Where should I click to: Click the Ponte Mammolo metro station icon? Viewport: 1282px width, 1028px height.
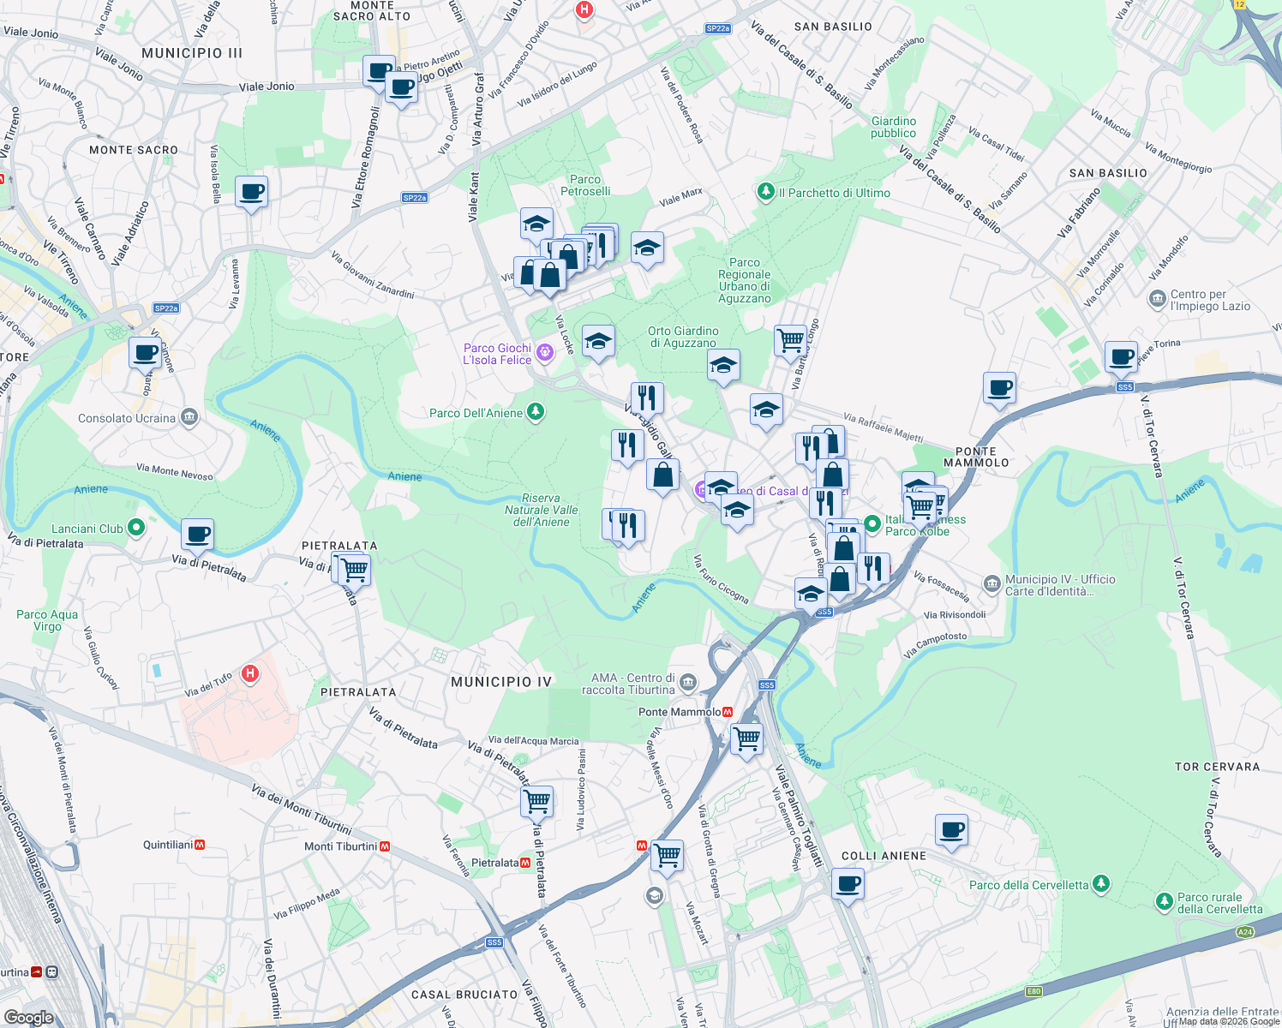tap(728, 712)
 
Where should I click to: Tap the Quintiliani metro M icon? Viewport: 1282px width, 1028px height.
tap(200, 845)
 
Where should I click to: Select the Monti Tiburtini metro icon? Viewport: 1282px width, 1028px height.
tap(385, 846)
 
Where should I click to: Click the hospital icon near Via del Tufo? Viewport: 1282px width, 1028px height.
tap(249, 674)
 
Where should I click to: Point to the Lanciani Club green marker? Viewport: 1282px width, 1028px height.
tap(135, 529)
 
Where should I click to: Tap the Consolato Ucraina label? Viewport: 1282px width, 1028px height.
tap(127, 418)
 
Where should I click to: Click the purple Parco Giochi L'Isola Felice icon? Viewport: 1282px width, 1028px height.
tap(543, 353)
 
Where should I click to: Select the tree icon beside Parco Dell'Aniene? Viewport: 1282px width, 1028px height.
tap(536, 413)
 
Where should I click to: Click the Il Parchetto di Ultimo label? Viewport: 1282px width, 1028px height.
tap(834, 193)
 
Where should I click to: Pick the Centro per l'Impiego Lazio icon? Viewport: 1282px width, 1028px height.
tap(1157, 300)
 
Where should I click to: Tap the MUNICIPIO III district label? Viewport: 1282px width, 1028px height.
tap(192, 53)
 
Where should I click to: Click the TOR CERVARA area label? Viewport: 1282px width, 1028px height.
tap(1217, 767)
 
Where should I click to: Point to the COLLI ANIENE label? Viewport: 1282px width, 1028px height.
tap(884, 856)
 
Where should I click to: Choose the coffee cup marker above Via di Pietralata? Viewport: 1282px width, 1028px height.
tap(198, 535)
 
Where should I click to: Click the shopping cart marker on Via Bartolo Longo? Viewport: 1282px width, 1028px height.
tap(790, 340)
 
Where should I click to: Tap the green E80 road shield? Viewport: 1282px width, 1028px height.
tap(1033, 992)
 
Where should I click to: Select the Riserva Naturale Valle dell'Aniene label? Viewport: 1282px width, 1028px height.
tap(541, 510)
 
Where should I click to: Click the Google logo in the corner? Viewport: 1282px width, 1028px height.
tap(28, 1017)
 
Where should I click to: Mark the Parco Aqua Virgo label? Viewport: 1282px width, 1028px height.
tap(47, 620)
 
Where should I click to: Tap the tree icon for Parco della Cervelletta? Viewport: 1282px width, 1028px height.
tap(1101, 883)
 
